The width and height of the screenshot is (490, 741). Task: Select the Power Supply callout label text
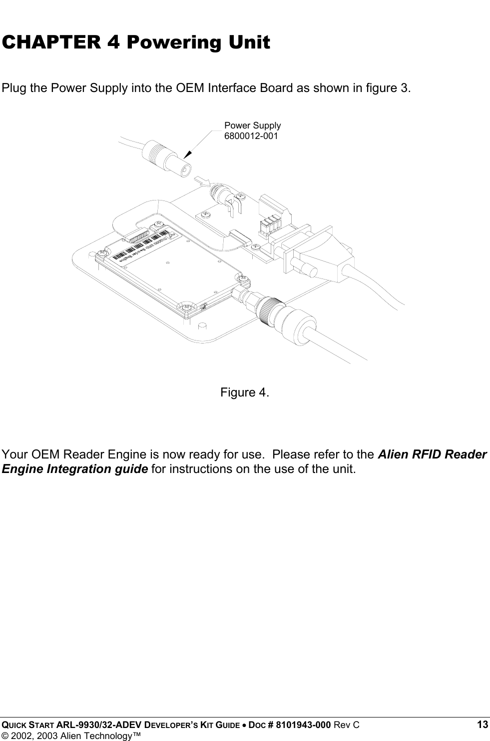coord(252,125)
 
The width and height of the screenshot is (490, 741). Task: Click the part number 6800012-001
coord(251,135)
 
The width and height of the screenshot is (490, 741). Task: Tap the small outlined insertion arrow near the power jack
coord(202,180)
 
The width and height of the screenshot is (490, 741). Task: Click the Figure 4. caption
coord(245,392)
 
